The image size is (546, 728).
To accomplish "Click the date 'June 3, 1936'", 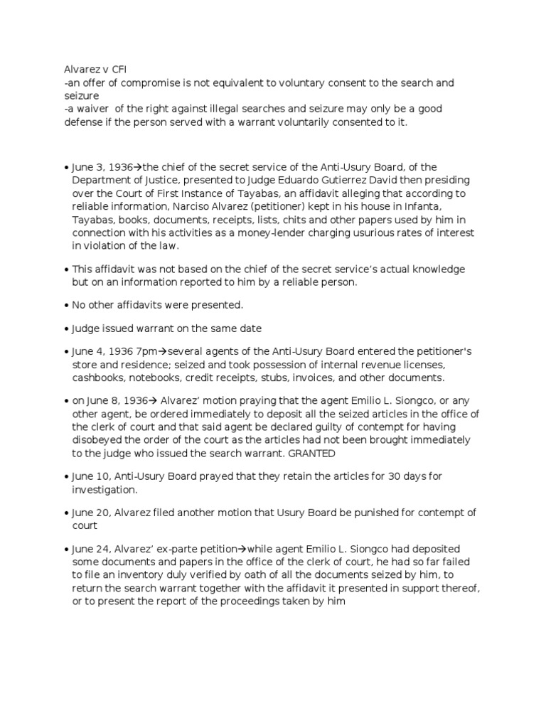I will tap(100, 168).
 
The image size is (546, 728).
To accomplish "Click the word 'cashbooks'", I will tap(96, 378).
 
